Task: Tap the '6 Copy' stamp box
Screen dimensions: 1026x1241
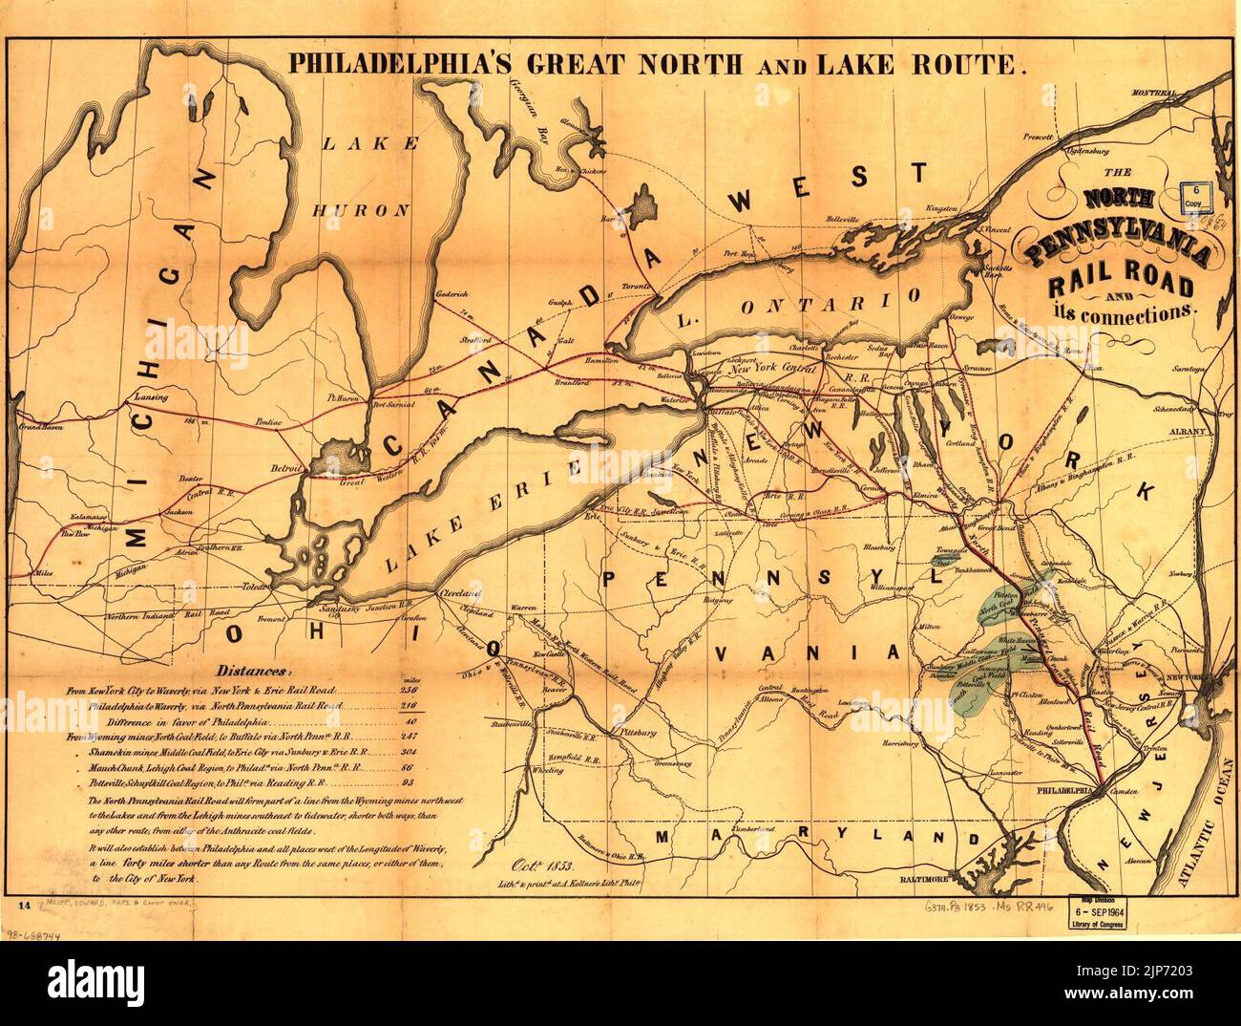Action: [x=1195, y=198]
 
